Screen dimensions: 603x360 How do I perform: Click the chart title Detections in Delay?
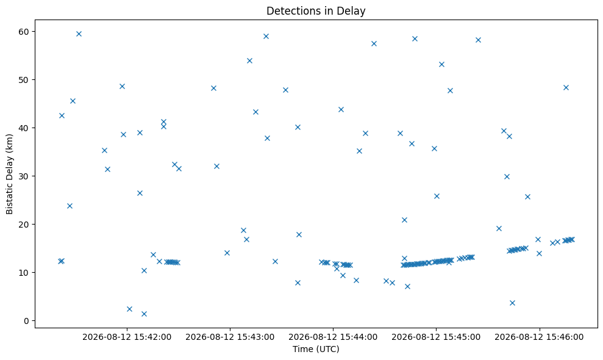point(316,11)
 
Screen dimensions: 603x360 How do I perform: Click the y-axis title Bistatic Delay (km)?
point(10,174)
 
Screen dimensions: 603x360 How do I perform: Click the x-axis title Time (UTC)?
point(316,349)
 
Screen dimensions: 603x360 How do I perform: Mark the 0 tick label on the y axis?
point(27,321)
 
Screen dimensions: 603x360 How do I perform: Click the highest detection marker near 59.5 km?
point(79,34)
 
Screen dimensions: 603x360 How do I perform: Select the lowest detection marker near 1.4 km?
point(145,314)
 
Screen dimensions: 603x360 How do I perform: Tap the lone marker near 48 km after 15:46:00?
point(566,87)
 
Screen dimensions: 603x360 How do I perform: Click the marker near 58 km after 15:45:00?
point(479,40)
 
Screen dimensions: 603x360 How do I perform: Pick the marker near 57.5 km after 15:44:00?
point(374,43)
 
